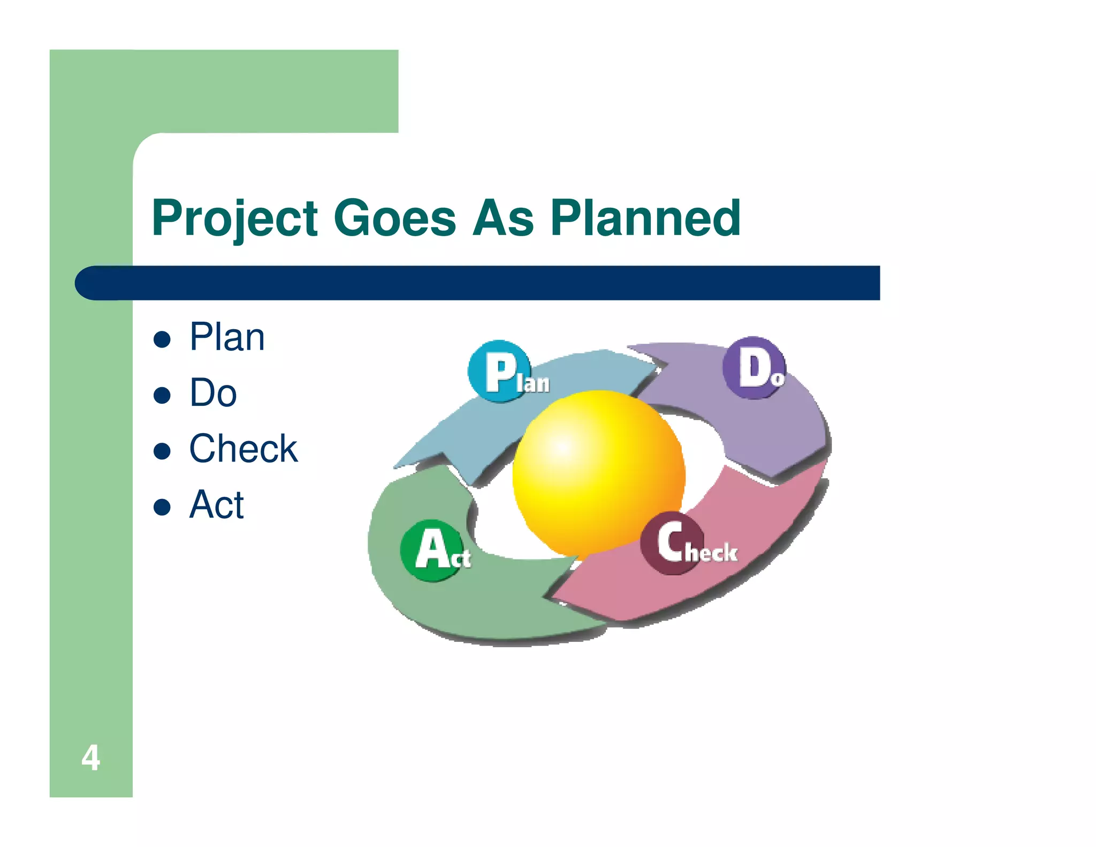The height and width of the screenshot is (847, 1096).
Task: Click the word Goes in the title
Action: point(394,218)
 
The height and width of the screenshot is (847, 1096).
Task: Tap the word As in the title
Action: point(503,218)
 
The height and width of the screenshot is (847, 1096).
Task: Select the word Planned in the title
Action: point(645,218)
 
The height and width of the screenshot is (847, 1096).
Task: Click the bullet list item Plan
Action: point(227,337)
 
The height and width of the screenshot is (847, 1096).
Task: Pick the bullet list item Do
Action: point(213,393)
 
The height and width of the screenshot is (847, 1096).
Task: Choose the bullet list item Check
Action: point(243,449)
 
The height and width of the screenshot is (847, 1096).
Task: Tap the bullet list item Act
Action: point(216,504)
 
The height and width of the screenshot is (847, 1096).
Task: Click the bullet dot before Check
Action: point(162,451)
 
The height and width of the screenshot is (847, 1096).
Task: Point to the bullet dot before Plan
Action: point(162,339)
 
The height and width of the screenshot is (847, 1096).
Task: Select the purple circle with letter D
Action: point(753,367)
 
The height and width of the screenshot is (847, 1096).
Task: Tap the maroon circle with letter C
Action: point(671,542)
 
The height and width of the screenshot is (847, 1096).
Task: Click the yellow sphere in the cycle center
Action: point(598,472)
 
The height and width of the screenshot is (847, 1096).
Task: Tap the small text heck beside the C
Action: point(711,553)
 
